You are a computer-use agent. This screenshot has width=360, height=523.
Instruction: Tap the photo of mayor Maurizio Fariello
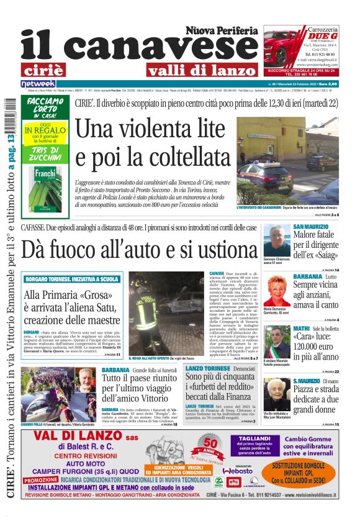(277, 342)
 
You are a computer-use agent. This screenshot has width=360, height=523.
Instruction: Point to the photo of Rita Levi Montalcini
(277, 394)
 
